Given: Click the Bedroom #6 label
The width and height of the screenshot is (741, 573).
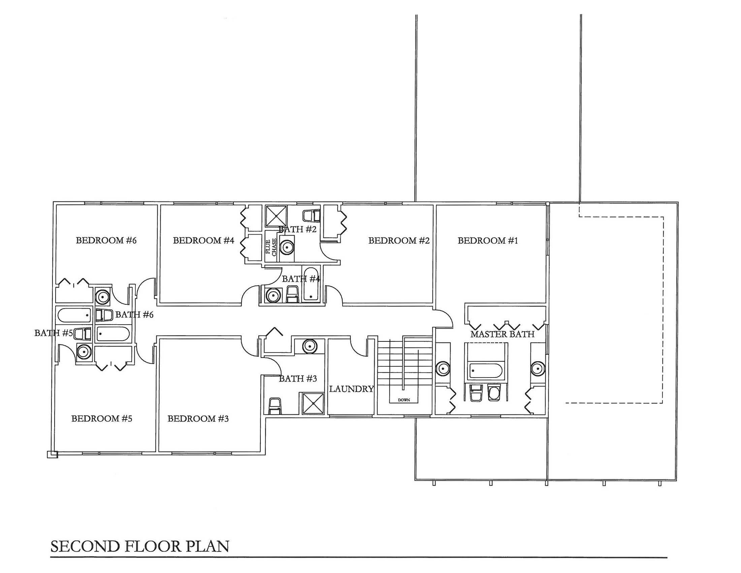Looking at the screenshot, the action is point(106,240).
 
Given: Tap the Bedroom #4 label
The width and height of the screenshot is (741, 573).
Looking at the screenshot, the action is point(203,240).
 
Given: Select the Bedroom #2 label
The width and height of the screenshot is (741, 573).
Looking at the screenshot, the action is point(399,241).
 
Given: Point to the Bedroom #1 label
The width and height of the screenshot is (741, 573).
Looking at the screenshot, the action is point(488,241).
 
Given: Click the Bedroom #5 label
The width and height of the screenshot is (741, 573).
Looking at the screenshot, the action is point(101,419).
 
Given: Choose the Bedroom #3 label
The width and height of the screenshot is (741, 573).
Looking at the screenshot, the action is point(198,419).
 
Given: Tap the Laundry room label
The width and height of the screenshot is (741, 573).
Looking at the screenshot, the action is point(352,389).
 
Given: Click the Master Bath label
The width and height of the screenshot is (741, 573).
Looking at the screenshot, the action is point(503,334).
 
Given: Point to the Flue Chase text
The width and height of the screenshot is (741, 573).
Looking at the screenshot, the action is point(271,247).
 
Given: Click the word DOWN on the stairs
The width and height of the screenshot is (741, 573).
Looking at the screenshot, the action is point(404,400).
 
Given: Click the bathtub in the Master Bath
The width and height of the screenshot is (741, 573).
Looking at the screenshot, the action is point(485,370).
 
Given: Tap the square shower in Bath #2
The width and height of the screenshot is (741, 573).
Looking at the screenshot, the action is point(276,216).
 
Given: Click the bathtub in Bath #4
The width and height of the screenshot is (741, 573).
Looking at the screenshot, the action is point(311,284).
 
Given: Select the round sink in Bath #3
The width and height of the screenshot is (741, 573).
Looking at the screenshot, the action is point(310,346).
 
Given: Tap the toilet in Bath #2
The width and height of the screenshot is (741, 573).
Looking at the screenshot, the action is point(312,216).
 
